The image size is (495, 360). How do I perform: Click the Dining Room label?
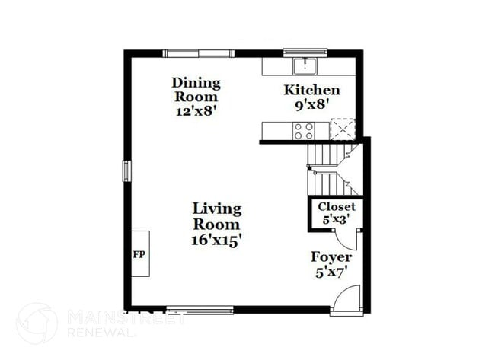click(x=196, y=89)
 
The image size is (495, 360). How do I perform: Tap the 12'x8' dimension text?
click(x=196, y=110)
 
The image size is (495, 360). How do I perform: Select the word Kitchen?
click(x=311, y=90)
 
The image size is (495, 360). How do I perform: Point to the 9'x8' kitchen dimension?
click(x=311, y=104)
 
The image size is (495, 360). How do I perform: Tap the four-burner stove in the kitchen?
click(x=304, y=130)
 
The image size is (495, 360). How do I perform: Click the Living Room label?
click(x=216, y=216)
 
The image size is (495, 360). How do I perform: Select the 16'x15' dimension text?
click(x=216, y=239)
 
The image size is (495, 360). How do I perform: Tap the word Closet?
click(x=337, y=206)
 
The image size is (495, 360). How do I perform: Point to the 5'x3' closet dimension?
click(x=336, y=219)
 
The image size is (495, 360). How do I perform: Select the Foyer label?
click(x=331, y=257)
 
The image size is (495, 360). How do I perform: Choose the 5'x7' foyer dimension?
click(x=331, y=271)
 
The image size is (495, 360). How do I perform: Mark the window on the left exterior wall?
click(x=127, y=170)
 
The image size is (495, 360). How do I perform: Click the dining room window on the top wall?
click(x=198, y=53)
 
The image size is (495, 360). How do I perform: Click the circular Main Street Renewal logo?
click(x=37, y=323)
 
